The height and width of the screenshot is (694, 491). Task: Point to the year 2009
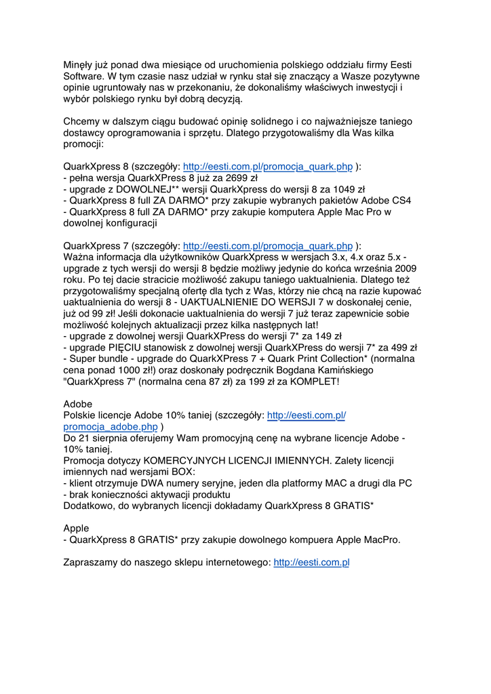point(403,268)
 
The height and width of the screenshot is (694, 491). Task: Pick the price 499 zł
point(399,347)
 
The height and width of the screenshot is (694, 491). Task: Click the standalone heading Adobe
point(77,404)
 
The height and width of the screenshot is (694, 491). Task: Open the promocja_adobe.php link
point(110,427)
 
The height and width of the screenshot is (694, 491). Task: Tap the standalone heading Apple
point(76,528)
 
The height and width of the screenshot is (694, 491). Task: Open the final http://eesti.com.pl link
point(311,563)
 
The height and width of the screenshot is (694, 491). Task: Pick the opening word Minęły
point(79,65)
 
